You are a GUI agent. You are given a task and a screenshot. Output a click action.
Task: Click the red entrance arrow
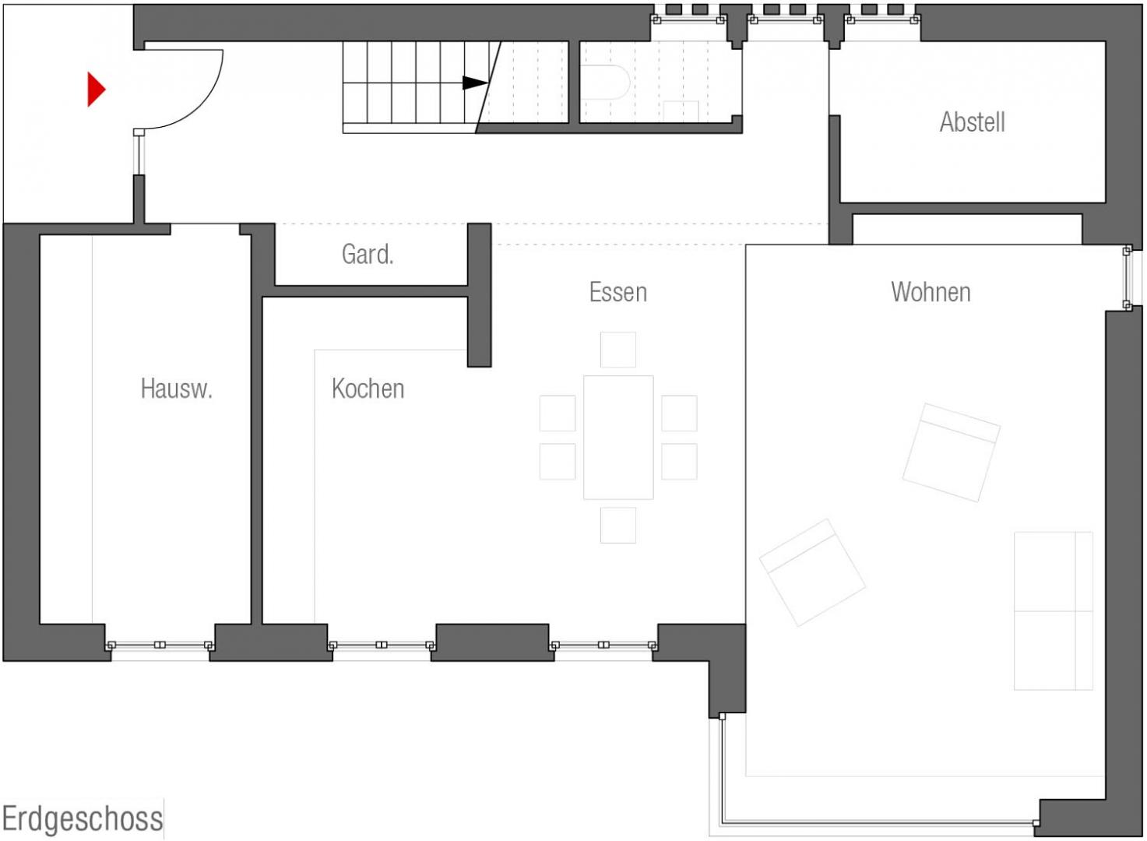[96, 90]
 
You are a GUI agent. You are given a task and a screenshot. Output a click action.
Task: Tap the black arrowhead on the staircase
[475, 83]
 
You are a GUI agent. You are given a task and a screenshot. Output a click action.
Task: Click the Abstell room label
[973, 122]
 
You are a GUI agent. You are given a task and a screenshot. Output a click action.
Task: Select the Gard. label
[368, 254]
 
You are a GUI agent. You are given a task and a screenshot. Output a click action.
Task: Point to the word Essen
[618, 292]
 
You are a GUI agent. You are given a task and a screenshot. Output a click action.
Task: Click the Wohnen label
[931, 292]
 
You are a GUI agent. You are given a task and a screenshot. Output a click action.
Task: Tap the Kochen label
[368, 389]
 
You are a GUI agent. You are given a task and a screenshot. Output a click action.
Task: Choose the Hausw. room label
[177, 389]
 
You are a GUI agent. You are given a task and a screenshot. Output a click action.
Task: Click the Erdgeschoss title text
[83, 818]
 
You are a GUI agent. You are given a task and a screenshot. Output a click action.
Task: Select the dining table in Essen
[618, 438]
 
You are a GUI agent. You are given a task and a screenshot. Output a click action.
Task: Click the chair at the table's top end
[618, 350]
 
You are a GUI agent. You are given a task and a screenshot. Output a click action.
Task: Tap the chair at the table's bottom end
[618, 525]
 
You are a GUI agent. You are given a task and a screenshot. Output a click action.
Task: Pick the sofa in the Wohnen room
[1054, 611]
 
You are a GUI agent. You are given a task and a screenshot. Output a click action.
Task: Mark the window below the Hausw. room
[160, 645]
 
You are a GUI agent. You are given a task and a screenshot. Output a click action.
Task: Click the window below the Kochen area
[382, 645]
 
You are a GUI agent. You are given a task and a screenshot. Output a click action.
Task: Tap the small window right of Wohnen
[1127, 278]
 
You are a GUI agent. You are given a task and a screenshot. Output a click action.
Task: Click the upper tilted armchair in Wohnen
[952, 452]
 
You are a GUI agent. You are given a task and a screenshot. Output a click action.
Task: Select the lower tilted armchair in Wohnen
[812, 572]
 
